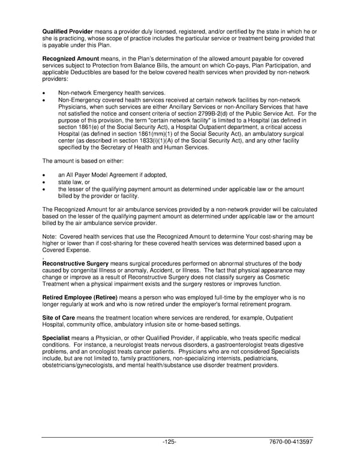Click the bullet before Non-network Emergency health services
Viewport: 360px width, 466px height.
[44, 93]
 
